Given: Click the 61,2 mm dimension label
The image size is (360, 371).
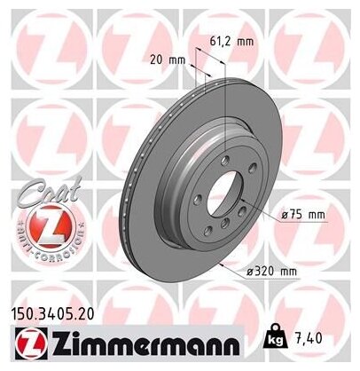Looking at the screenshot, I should coord(235,40).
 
